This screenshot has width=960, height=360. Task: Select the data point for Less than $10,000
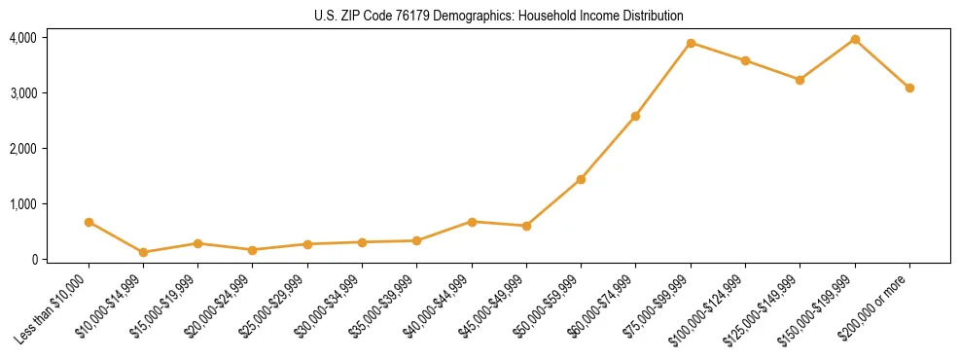(x=89, y=222)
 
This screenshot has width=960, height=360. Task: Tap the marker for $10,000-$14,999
(x=143, y=252)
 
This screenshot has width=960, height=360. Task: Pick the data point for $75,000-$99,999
(x=691, y=43)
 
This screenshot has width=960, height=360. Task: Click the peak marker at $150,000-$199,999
(x=855, y=39)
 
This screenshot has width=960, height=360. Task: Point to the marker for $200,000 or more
(x=909, y=88)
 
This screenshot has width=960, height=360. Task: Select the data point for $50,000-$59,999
(x=581, y=179)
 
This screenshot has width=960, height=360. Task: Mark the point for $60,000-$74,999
(x=635, y=116)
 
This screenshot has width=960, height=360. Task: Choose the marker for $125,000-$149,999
(x=800, y=80)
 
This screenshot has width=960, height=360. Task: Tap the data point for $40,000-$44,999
(x=472, y=222)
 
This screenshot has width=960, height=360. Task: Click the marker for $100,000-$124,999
(x=745, y=60)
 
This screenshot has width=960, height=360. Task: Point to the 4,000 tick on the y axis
(x=22, y=37)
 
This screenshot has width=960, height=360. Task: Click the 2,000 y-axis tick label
(x=22, y=148)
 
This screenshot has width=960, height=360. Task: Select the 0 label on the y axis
(x=34, y=259)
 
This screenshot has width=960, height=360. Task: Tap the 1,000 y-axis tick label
(x=22, y=203)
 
